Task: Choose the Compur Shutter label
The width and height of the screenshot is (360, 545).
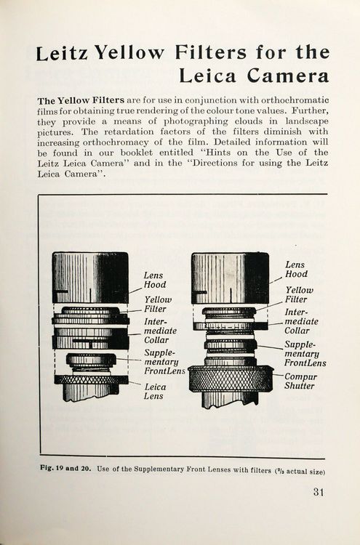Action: [300, 381]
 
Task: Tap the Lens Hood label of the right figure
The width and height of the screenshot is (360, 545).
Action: [295, 270]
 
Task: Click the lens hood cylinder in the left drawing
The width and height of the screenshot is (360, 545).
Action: [90, 278]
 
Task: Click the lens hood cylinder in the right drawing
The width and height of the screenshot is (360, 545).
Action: [230, 278]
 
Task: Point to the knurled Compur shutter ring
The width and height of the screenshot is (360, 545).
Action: [231, 379]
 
